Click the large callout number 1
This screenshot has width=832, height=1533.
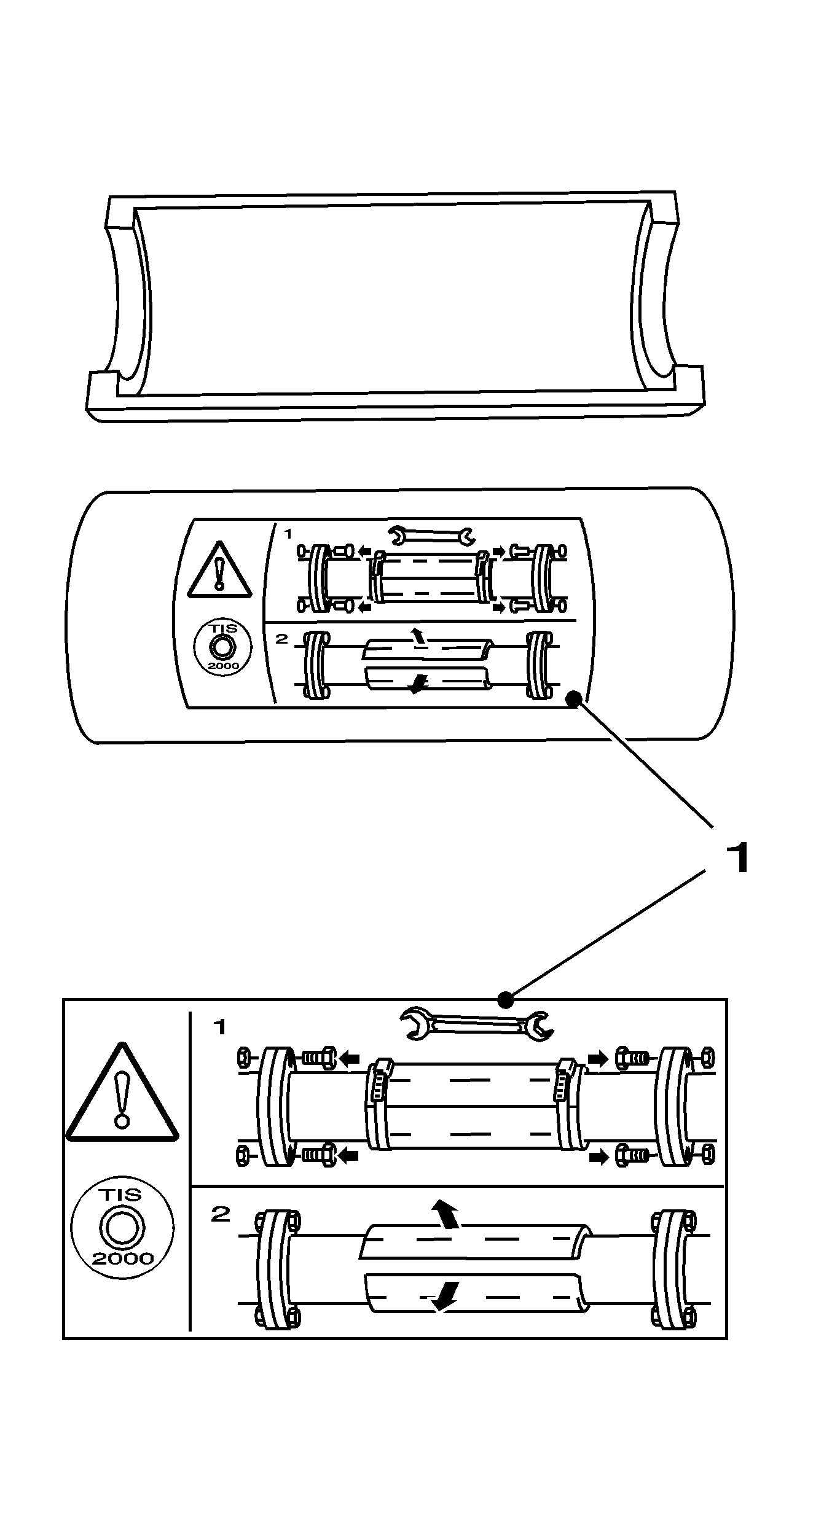pos(737,857)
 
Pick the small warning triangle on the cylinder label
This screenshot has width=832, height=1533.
pos(219,570)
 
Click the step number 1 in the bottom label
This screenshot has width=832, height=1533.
pos(219,1026)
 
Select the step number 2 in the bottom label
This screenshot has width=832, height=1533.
pos(220,1214)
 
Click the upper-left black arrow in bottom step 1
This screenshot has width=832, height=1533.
pos(349,1058)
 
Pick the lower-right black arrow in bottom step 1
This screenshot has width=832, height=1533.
pos(598,1158)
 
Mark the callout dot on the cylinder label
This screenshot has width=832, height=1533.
pos(573,698)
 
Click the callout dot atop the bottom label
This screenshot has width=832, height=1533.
pos(505,1001)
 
